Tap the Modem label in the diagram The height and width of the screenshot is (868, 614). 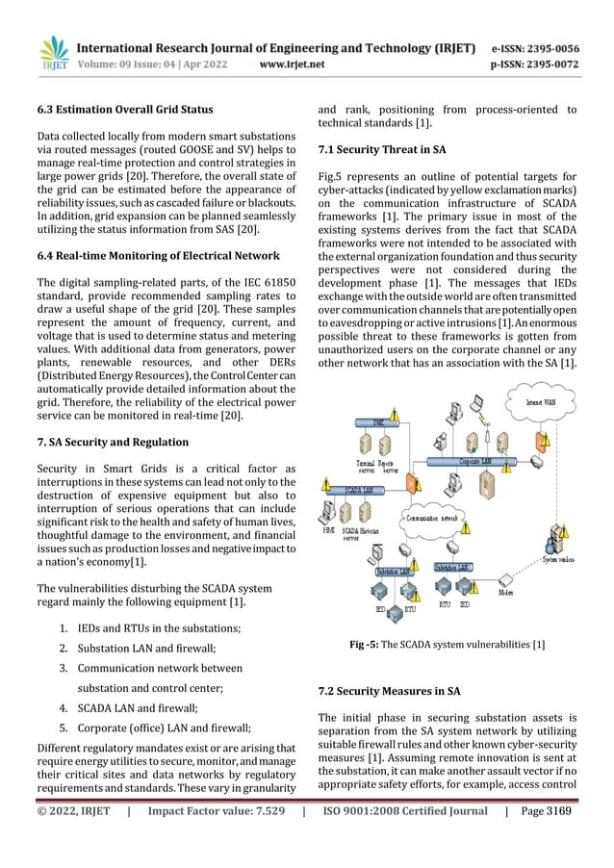pyautogui.click(x=505, y=594)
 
